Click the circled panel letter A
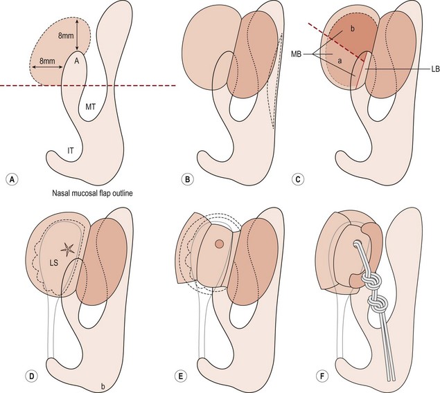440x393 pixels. point(12,179)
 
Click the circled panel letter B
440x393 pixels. point(188,179)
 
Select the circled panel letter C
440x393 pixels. point(297,179)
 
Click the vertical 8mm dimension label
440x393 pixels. point(66,35)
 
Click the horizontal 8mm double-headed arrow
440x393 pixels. point(47,67)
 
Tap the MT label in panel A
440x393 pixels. point(90,107)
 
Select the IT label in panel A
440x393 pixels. point(71,151)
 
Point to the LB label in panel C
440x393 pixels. point(435,70)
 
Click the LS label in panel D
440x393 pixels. point(53,263)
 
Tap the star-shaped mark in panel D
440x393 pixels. point(68,249)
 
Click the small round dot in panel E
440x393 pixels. point(219,244)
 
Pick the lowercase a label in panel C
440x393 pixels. point(340,61)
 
